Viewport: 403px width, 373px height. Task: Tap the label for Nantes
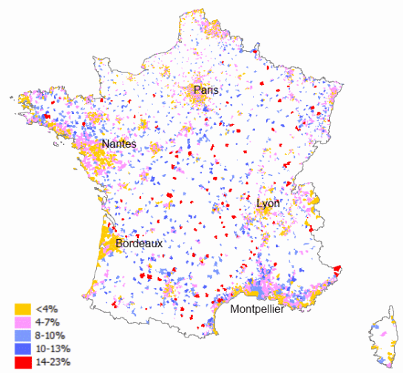point(118,144)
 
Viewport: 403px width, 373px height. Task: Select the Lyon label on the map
point(268,204)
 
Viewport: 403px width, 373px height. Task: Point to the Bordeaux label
point(139,243)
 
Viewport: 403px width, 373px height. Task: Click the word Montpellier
point(256,309)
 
